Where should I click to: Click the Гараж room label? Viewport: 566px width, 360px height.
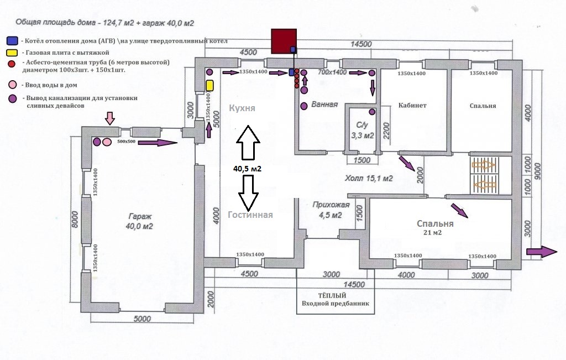[140, 217]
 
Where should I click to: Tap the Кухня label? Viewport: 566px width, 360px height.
[242, 108]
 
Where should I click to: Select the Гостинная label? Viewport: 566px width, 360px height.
[250, 215]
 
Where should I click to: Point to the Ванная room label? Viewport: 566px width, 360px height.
[324, 105]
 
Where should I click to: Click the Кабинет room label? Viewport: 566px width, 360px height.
[412, 106]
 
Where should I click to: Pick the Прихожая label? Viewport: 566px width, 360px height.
[331, 205]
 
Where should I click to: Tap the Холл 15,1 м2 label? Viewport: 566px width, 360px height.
[369, 179]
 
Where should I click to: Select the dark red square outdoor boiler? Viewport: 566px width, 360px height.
[284, 41]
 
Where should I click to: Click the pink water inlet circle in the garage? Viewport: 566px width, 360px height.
[107, 142]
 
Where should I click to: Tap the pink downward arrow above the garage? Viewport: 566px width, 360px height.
[110, 118]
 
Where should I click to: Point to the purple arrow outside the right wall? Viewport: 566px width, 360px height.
[542, 252]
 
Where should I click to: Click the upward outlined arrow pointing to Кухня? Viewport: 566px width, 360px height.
[248, 142]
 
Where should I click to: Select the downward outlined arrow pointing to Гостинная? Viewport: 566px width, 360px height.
[248, 193]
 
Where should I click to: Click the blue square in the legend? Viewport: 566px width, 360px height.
[12, 40]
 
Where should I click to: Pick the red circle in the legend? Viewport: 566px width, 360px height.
[12, 64]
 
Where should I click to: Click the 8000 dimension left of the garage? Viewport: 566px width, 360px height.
[75, 219]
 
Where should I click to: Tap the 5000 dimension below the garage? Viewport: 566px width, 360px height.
[142, 319]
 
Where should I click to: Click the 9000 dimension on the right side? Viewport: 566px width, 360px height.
[537, 171]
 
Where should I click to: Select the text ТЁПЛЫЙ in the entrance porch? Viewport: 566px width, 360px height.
[332, 296]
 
